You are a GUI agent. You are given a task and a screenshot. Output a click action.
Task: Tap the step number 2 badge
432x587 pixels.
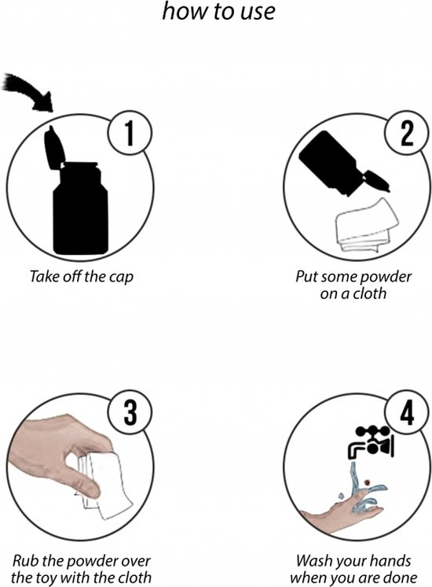click(406, 135)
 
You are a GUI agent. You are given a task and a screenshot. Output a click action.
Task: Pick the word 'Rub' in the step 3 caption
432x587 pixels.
click(25, 561)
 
